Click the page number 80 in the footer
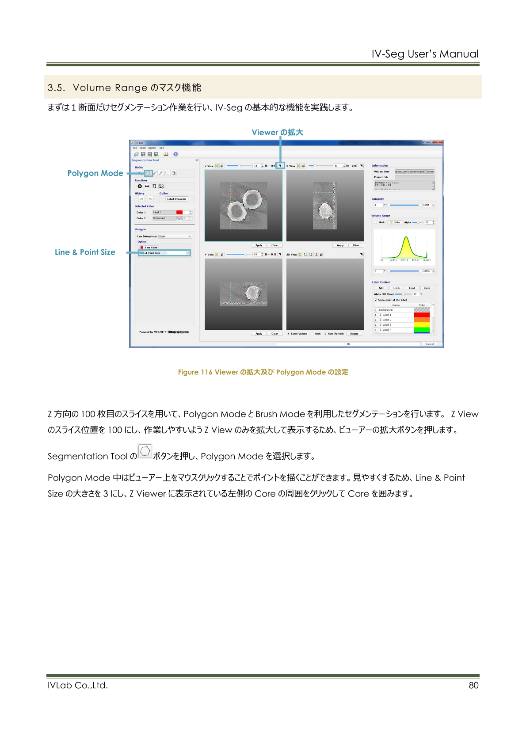pyautogui.click(x=473, y=685)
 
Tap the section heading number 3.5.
pyautogui.click(x=56, y=88)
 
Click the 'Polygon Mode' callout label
pyautogui.click(x=95, y=173)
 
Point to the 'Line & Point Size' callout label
pyautogui.click(x=85, y=252)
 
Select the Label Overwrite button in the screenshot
pyautogui.click(x=177, y=199)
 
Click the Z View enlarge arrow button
pyautogui.click(x=280, y=166)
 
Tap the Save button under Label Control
pyautogui.click(x=427, y=288)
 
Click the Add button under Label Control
pyautogui.click(x=381, y=288)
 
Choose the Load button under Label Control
pyautogui.click(x=412, y=288)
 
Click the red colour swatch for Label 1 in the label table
pyautogui.click(x=422, y=315)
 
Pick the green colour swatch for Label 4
pyautogui.click(x=422, y=330)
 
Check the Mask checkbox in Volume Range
pyautogui.click(x=376, y=222)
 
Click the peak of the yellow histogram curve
pyautogui.click(x=406, y=237)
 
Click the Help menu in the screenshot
pyautogui.click(x=161, y=148)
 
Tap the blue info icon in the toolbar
pyautogui.click(x=175, y=154)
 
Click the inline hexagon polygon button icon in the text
pyautogui.click(x=145, y=451)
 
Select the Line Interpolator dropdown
pyautogui.click(x=175, y=237)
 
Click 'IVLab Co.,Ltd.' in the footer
pyautogui.click(x=78, y=685)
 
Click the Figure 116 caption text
pyautogui.click(x=263, y=372)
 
